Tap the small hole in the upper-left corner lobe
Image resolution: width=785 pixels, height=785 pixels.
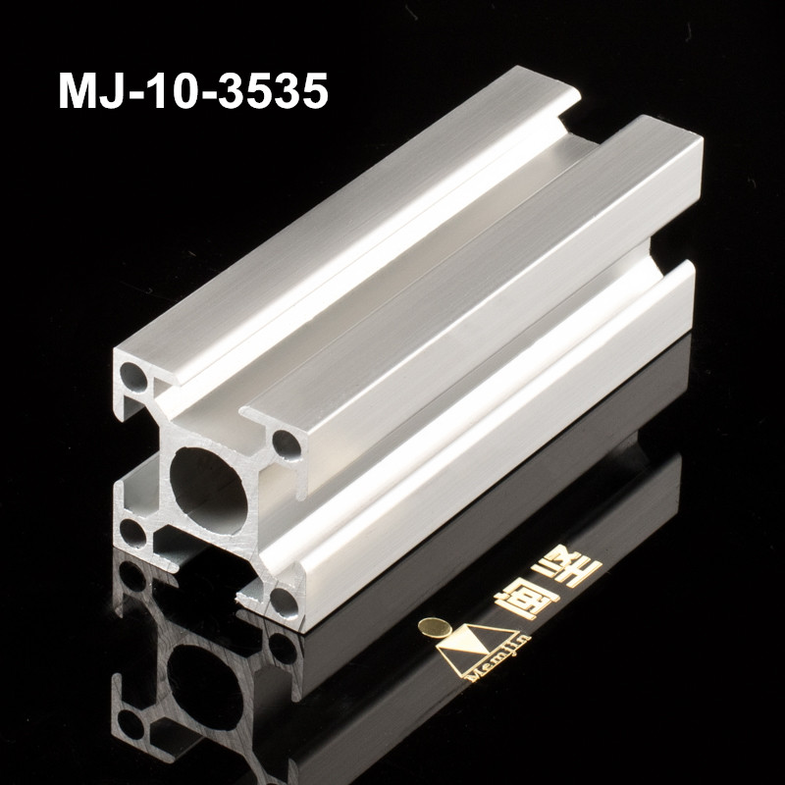(133, 374)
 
